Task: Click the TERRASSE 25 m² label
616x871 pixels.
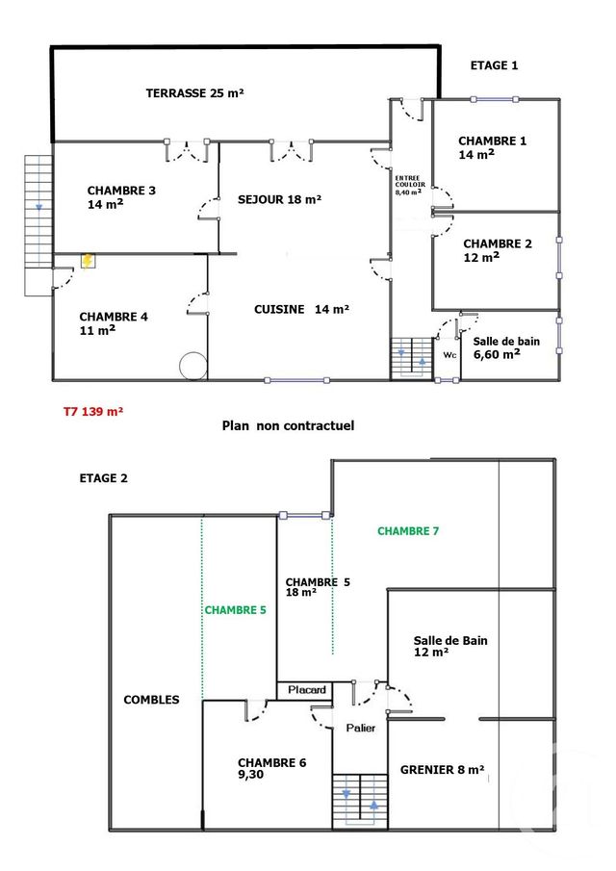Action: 194,93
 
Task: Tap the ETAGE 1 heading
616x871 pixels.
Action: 494,65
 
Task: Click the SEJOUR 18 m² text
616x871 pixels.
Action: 279,200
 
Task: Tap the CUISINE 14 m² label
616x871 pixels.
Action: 301,309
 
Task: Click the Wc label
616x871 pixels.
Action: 449,354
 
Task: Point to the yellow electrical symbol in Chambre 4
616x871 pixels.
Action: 88,261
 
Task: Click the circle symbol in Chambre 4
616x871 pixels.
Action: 192,365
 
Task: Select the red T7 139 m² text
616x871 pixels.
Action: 93,411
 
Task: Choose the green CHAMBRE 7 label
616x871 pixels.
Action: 408,530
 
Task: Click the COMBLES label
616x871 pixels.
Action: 151,700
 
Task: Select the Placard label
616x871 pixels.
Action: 307,690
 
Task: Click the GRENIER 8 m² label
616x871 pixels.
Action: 443,770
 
